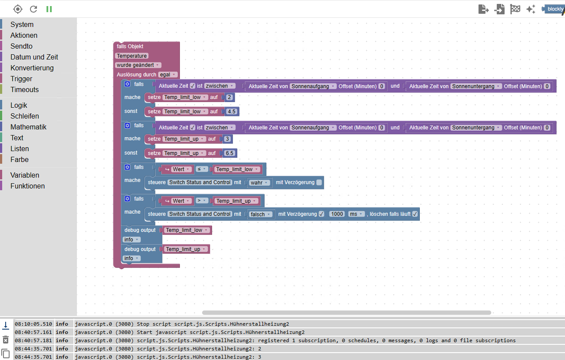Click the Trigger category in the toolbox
tap(21, 79)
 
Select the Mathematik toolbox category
tap(28, 127)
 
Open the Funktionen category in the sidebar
tap(27, 186)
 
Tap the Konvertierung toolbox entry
tap(32, 68)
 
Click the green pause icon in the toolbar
tap(49, 9)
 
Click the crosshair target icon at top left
tap(17, 9)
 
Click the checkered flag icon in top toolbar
tap(515, 9)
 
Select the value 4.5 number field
tap(231, 112)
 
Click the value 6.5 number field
tap(229, 153)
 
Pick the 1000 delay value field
tap(337, 214)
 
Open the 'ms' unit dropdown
tap(356, 214)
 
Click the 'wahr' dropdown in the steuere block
tap(259, 183)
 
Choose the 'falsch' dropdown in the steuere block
tap(260, 214)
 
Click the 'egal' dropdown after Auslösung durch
tap(167, 75)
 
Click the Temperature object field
tap(132, 56)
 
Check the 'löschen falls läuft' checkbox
tap(415, 214)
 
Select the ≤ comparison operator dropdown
tap(202, 169)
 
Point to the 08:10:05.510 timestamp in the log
tap(33, 324)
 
